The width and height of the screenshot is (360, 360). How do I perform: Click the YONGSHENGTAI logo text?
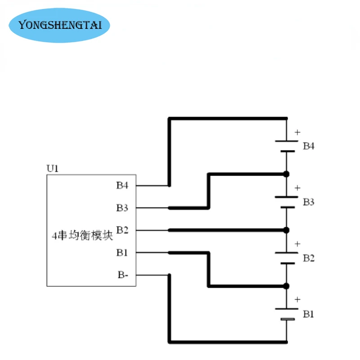coord(60,25)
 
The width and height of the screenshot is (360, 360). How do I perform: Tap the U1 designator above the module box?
coord(53,168)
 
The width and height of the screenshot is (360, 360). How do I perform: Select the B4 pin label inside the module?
coord(122,185)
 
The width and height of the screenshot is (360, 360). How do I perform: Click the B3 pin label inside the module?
coord(122,208)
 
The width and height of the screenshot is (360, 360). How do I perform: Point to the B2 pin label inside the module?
coord(122,230)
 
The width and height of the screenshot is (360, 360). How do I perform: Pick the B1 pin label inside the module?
coord(122,252)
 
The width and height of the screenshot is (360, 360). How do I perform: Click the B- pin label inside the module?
coord(123,275)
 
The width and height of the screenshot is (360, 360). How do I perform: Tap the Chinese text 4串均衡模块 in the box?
coord(82,235)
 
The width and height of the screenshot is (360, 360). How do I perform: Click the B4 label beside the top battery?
coord(309,146)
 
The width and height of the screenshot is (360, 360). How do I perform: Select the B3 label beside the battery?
coord(309,202)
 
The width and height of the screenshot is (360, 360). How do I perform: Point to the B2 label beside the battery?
coord(309,258)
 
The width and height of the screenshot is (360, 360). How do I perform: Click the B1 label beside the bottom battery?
coord(308,314)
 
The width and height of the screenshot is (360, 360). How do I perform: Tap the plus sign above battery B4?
coord(297,132)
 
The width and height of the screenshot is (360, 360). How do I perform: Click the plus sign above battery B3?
coord(297,188)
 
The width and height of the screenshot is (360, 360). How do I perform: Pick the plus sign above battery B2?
coord(297,244)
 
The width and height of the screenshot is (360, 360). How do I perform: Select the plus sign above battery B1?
coord(297,300)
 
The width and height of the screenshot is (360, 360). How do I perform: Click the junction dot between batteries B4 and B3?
coord(286,174)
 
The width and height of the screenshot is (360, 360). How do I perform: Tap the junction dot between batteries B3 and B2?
coord(286,230)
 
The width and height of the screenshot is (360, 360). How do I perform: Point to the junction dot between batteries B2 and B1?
coord(286,286)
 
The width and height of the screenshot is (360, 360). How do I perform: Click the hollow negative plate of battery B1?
coord(288,319)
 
